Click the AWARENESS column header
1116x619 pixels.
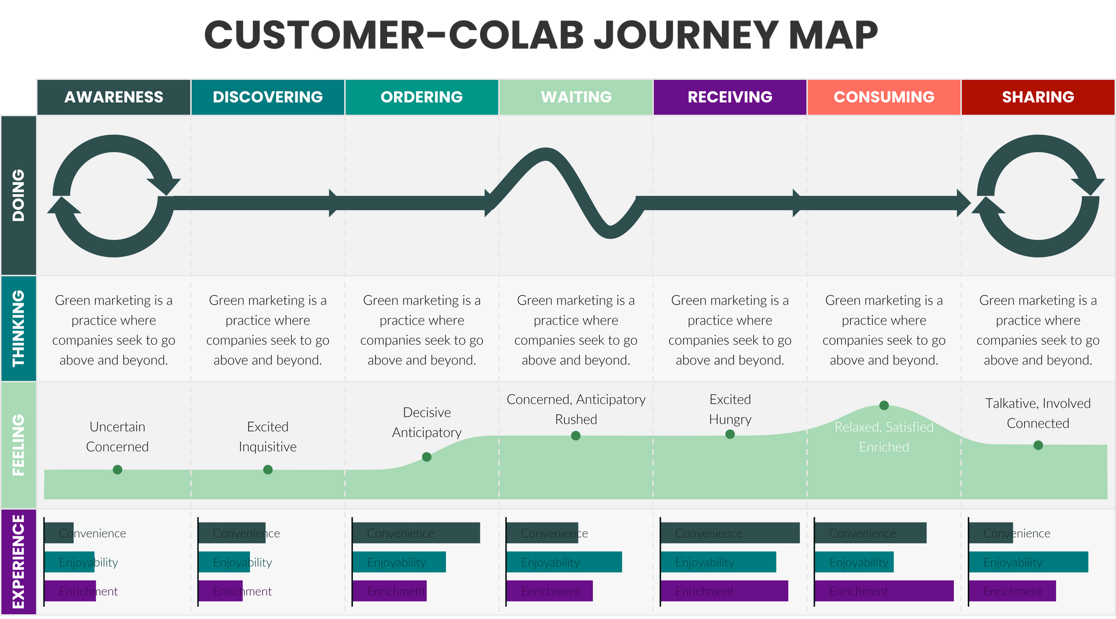114,97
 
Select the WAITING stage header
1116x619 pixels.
576,97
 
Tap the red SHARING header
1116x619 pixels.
1038,97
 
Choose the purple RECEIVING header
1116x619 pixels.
730,97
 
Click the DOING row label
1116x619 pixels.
19,195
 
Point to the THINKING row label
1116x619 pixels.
19,328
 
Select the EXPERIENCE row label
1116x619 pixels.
19,561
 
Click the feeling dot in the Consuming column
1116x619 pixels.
884,405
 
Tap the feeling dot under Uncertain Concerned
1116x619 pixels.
117,470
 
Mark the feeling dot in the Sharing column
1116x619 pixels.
1038,445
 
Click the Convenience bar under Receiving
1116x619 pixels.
730,533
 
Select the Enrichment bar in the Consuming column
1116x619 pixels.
884,591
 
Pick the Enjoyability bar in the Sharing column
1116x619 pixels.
1028,562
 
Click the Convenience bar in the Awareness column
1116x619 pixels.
59,533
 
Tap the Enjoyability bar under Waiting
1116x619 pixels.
564,562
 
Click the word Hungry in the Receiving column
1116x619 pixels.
730,420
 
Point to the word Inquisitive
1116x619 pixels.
267,447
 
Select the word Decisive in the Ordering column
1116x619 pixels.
427,413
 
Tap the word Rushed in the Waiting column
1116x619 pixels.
576,420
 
